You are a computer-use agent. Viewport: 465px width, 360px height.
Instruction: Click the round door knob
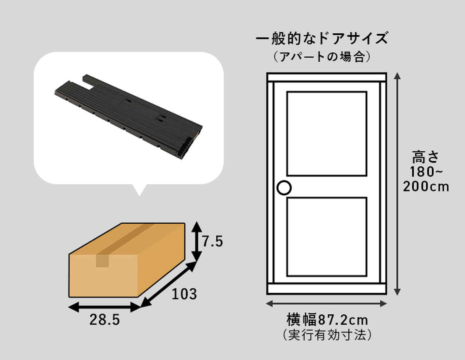click(x=284, y=188)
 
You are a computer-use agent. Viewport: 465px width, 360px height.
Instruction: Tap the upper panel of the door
click(x=327, y=134)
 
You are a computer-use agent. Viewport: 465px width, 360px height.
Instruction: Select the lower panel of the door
click(x=327, y=237)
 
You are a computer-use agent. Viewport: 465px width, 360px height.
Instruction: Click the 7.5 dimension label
click(x=212, y=242)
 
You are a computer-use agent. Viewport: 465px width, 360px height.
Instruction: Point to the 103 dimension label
click(x=184, y=294)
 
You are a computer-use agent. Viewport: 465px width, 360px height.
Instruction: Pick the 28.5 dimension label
click(x=105, y=320)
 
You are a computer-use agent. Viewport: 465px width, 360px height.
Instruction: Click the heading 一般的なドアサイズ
click(x=322, y=38)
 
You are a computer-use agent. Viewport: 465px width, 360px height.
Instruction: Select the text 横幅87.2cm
click(x=327, y=320)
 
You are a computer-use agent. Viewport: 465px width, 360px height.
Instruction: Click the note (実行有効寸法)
click(x=327, y=335)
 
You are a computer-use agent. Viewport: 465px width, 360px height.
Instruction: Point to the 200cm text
click(x=426, y=187)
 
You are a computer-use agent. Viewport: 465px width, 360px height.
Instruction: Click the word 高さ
click(x=425, y=157)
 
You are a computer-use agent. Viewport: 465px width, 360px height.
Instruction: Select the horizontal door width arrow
click(x=326, y=303)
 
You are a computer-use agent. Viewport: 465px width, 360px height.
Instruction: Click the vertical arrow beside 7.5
click(x=196, y=242)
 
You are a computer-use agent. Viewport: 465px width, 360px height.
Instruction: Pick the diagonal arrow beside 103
click(x=168, y=285)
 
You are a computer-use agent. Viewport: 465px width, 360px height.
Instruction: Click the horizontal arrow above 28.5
click(x=104, y=307)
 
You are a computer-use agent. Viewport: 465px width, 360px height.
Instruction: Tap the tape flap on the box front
click(x=102, y=261)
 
